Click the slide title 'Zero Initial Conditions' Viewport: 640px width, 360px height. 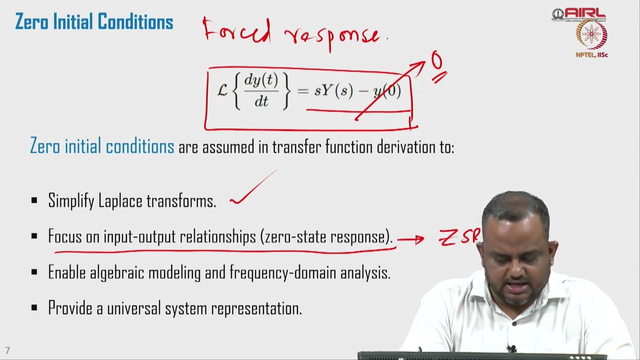pyautogui.click(x=94, y=22)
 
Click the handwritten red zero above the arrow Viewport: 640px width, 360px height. pyautogui.click(x=437, y=61)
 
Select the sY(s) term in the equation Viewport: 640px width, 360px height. pyautogui.click(x=333, y=91)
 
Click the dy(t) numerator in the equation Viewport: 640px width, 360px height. pyautogui.click(x=260, y=80)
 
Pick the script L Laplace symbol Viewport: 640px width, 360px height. pyautogui.click(x=222, y=90)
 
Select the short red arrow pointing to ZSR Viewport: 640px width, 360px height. pyautogui.click(x=410, y=240)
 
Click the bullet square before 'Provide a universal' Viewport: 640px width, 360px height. pyautogui.click(x=34, y=308)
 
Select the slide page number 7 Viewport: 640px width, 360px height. pyautogui.click(x=7, y=350)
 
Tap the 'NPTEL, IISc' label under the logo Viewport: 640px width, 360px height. pyautogui.click(x=591, y=55)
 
